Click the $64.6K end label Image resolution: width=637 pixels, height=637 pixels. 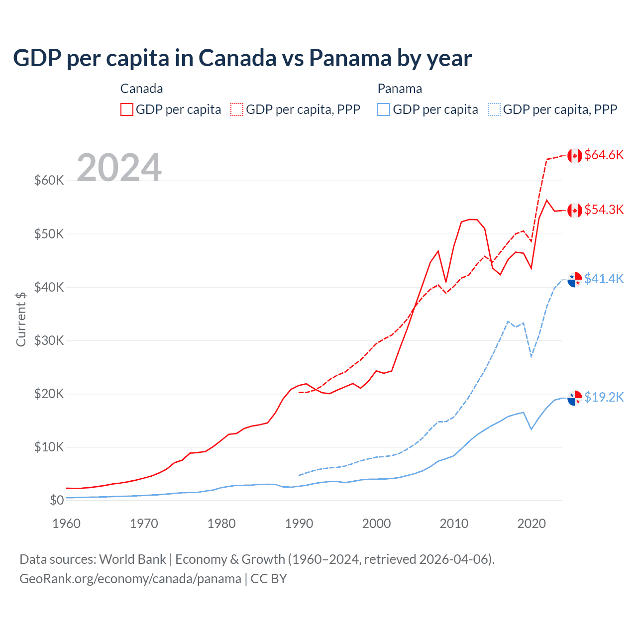[x=604, y=155]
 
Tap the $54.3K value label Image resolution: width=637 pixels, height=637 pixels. [x=604, y=210]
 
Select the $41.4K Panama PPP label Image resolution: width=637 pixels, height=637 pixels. [x=604, y=279]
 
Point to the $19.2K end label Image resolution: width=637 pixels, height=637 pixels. [x=604, y=397]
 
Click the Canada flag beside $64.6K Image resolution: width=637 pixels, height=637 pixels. [x=575, y=156]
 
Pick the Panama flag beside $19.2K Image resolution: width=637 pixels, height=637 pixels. [x=575, y=398]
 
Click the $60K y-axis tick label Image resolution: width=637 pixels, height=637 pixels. [x=49, y=180]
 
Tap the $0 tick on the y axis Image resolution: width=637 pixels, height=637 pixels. [x=57, y=500]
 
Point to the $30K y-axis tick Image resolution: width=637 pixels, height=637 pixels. [x=49, y=340]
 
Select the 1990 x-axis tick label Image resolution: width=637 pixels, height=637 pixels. [x=299, y=524]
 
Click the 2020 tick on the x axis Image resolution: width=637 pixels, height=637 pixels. [x=531, y=524]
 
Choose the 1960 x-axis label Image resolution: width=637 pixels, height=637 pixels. [x=67, y=524]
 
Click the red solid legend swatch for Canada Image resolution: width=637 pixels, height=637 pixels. [x=127, y=109]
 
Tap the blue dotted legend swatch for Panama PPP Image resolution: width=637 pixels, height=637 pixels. [x=494, y=109]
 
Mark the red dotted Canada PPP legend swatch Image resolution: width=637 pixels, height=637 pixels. [x=237, y=109]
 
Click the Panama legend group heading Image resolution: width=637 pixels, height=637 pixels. [x=400, y=89]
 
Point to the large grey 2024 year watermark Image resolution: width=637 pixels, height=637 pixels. [x=119, y=168]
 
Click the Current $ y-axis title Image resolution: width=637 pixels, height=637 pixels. [x=21, y=319]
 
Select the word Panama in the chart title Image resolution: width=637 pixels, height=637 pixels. [x=350, y=58]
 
